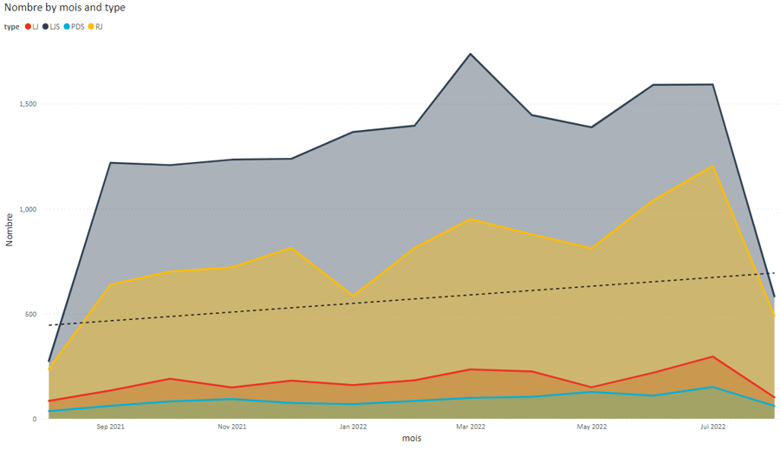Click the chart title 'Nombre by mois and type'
point(64,7)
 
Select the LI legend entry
point(32,27)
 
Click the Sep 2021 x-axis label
point(110,427)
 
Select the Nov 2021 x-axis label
point(232,427)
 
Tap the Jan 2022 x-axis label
point(353,427)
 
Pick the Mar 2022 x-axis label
point(471,427)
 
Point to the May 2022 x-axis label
point(592,427)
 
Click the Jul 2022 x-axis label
point(712,427)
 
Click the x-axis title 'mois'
point(412,439)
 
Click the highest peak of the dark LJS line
point(471,54)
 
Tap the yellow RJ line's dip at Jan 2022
point(353,296)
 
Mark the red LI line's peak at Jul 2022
point(712,356)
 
